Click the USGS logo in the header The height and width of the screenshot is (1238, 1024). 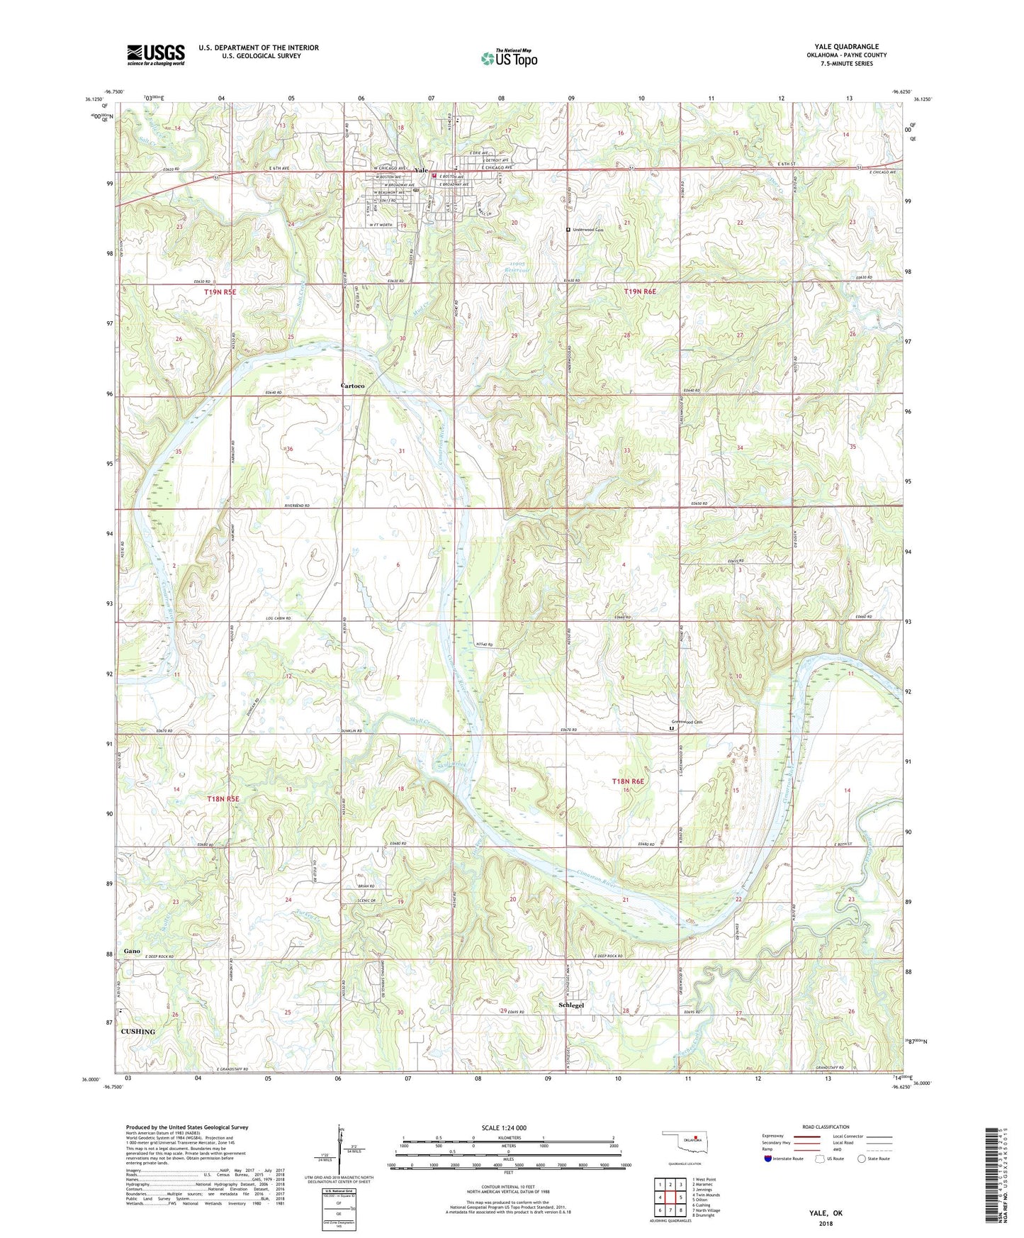156,55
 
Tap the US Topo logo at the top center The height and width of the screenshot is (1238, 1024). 509,58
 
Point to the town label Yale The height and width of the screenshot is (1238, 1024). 422,170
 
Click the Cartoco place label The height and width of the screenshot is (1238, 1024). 352,385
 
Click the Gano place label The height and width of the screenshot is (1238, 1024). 132,951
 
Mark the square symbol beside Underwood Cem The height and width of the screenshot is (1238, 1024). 568,230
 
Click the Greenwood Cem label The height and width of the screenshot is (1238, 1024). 687,722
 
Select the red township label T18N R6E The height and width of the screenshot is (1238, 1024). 628,781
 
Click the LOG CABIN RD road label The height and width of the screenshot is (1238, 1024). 278,618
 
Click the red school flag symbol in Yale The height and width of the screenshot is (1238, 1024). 434,170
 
